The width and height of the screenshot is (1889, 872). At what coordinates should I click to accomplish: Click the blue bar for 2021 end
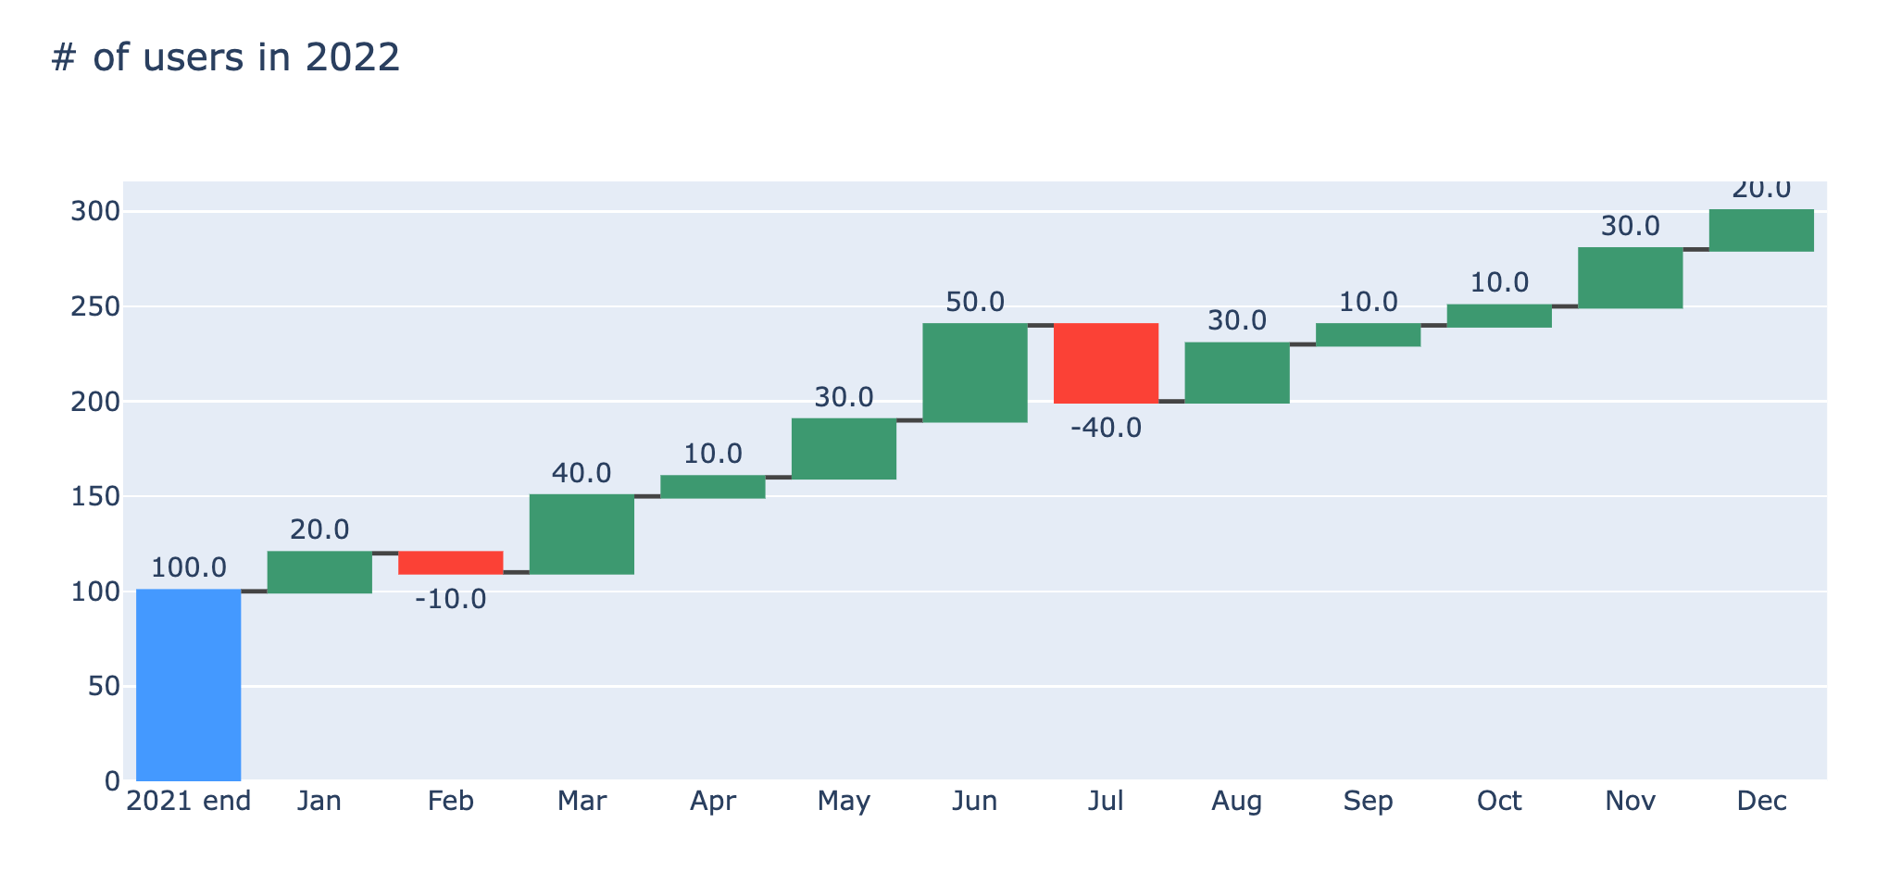(188, 684)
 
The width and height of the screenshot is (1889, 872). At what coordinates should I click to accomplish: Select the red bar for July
(1106, 363)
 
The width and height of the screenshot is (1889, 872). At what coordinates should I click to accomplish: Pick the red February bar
(450, 563)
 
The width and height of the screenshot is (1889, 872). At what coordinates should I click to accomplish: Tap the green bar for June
(975, 372)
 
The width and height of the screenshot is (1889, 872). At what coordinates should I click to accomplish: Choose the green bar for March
(582, 534)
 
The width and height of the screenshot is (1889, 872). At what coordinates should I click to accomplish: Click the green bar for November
(1630, 278)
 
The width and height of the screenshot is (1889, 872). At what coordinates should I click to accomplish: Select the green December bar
(1761, 230)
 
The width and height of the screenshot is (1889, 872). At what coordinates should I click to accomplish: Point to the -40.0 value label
(1106, 429)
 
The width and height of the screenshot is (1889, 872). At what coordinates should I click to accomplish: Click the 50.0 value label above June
(975, 302)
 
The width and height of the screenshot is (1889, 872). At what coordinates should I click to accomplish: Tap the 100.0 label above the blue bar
(188, 567)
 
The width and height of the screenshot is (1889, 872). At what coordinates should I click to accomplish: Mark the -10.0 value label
(450, 599)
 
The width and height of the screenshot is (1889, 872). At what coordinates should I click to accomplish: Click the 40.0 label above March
(582, 473)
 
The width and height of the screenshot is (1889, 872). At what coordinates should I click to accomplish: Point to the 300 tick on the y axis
(95, 212)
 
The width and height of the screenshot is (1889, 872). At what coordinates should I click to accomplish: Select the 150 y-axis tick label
(95, 496)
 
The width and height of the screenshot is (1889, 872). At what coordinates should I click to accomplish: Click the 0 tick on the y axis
(112, 781)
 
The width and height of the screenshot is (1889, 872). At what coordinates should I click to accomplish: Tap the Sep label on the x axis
(1368, 801)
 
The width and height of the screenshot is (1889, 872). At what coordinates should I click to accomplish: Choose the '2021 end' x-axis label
(188, 801)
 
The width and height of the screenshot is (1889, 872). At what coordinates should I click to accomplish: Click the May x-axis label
(844, 801)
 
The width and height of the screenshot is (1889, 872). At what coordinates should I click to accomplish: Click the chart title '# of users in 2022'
(226, 57)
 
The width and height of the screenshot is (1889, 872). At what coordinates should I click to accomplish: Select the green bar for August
(1237, 372)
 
